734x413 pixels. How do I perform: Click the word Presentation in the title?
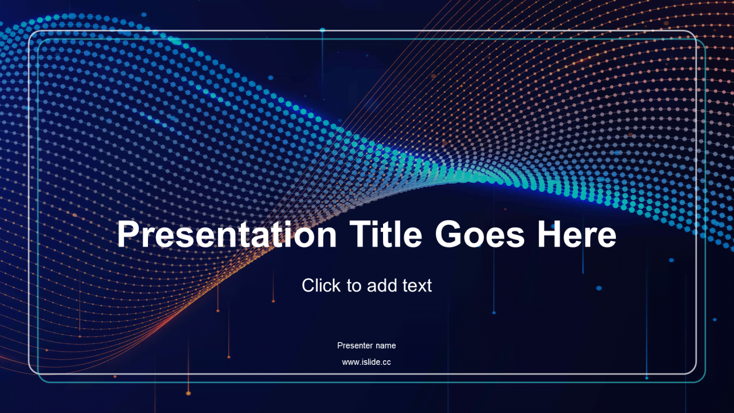[227, 235]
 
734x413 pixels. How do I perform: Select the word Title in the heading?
[386, 233]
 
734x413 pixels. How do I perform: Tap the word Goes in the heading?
[480, 234]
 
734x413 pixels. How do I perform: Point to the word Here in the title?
[577, 234]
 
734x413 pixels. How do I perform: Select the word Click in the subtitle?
[321, 285]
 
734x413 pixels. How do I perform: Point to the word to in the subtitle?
[354, 286]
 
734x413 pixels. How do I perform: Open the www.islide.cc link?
[366, 362]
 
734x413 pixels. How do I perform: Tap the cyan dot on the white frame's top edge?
[322, 30]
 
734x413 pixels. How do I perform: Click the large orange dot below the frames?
[188, 393]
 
